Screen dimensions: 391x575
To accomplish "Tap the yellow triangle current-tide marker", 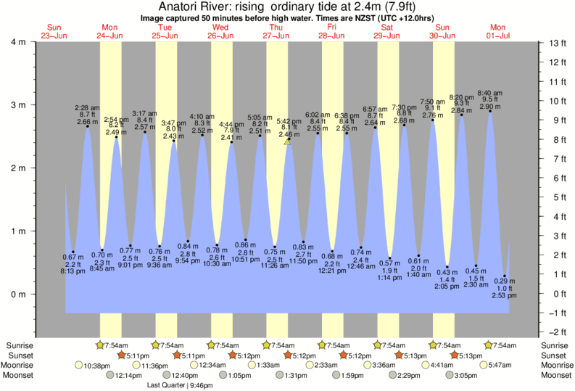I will [288, 142].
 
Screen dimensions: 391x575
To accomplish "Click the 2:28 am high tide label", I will [87, 108].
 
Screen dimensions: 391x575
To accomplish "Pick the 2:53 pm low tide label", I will [505, 296].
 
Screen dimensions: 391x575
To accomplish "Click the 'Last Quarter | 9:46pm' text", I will [174, 386].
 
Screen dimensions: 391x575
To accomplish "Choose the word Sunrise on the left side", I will [17, 345].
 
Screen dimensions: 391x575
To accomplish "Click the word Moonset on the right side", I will [556, 376].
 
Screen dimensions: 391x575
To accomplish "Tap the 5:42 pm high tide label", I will [288, 121].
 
